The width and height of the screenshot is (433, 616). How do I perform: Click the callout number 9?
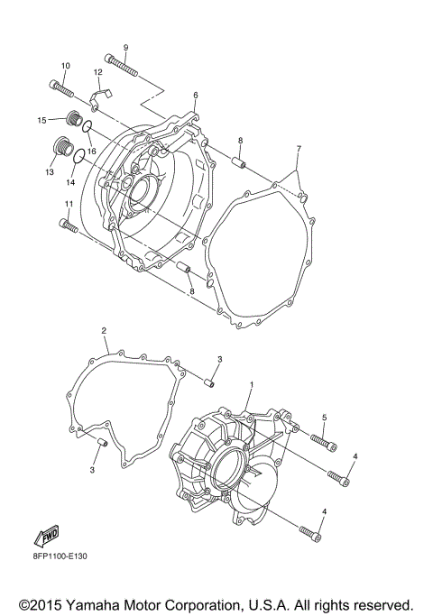click(x=125, y=47)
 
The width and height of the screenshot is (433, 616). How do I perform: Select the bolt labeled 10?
click(x=60, y=88)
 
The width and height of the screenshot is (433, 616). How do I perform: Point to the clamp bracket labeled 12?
click(x=102, y=91)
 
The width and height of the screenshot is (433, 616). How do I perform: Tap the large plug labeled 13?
click(x=65, y=147)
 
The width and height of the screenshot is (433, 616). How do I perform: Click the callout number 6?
click(x=195, y=95)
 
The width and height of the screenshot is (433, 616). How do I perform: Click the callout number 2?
click(x=105, y=331)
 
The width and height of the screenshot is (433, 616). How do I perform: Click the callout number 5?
click(x=325, y=418)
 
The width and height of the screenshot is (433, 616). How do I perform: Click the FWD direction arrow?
click(x=48, y=538)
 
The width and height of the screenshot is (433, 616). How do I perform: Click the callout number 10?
click(x=65, y=66)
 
